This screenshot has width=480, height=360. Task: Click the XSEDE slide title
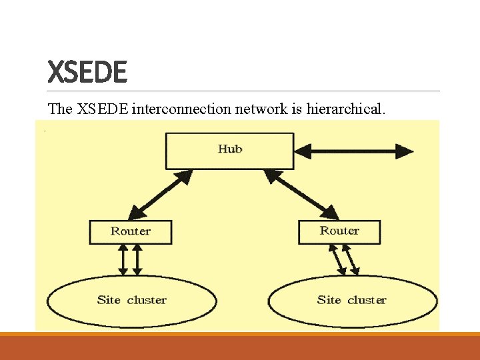[x=87, y=71]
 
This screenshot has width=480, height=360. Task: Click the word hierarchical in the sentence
[x=345, y=109]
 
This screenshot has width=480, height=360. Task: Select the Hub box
[x=229, y=150]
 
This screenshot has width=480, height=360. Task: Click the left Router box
[x=131, y=232]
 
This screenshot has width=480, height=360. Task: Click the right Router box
[x=339, y=231]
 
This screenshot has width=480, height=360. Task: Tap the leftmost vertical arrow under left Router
[x=123, y=259]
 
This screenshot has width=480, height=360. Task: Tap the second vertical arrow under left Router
[x=137, y=259]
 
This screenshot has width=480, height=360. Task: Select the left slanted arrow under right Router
[x=337, y=259]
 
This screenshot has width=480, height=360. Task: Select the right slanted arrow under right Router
[x=351, y=259]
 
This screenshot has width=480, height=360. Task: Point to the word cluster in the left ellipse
[x=147, y=300]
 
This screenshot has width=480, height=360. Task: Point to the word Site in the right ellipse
[x=329, y=300]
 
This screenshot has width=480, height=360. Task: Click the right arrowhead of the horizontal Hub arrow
[x=405, y=151]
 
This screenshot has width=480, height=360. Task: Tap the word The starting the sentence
[x=60, y=109]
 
